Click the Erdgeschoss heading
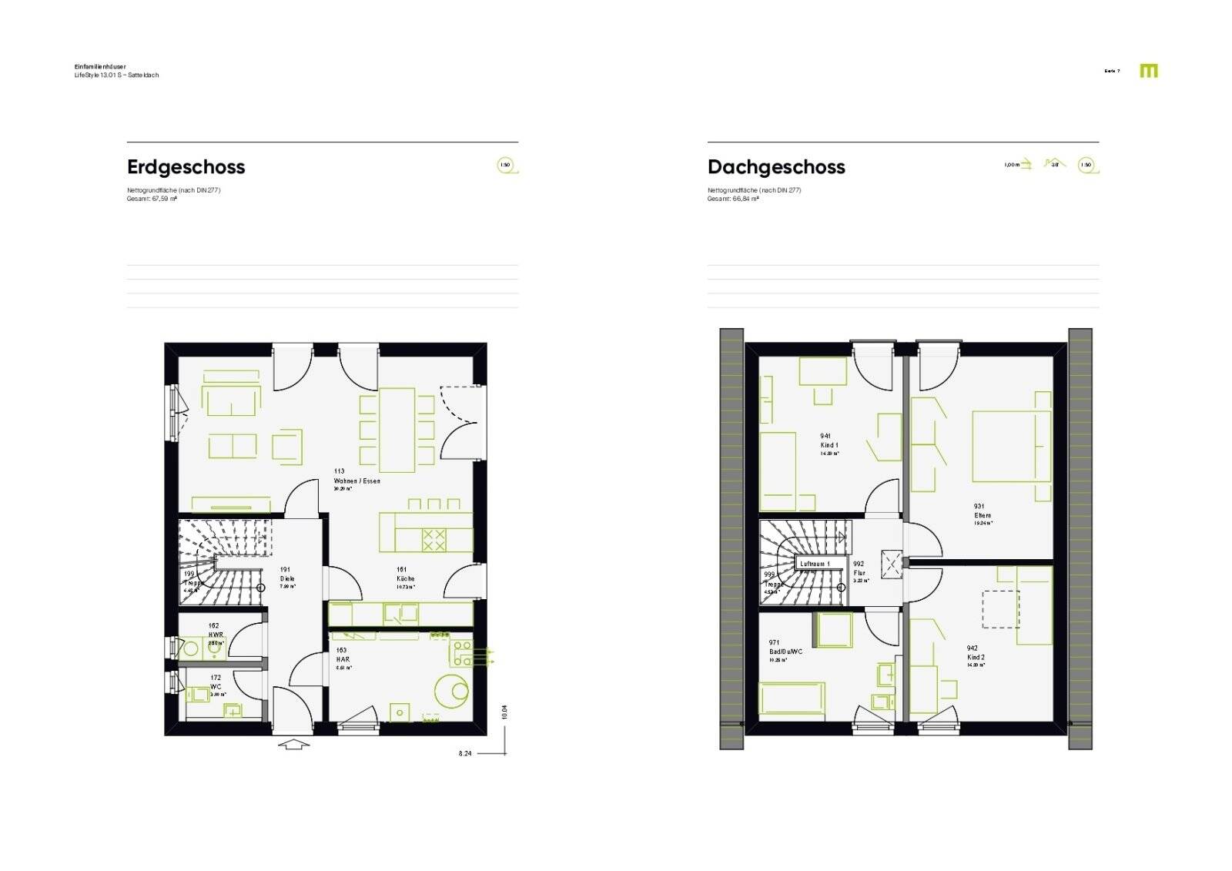(186, 167)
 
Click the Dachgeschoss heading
(776, 167)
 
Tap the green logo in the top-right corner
(1148, 71)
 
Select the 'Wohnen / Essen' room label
(357, 481)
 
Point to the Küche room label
(405, 578)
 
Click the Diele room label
(287, 578)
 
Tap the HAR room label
(343, 659)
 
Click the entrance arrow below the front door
(292, 744)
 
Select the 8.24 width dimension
(465, 753)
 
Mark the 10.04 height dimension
(504, 712)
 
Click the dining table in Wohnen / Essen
(397, 429)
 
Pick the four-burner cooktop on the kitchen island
(434, 540)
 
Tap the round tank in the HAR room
(451, 690)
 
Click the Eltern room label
(983, 515)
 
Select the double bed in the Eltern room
(1010, 447)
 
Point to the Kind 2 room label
(976, 657)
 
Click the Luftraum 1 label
(815, 564)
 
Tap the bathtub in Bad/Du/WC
(792, 698)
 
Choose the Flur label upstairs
(859, 573)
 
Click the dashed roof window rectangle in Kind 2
(1000, 609)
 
